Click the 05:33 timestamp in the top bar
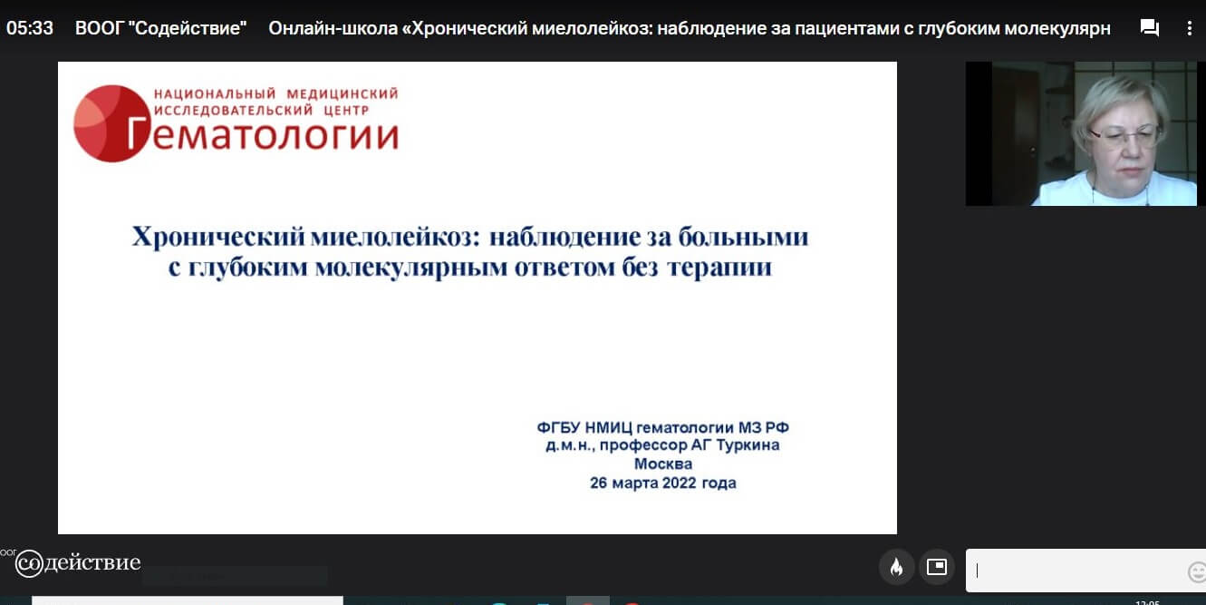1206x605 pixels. pos(30,28)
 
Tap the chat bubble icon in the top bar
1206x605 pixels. pos(1149,27)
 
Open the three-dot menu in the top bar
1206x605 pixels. pos(1190,28)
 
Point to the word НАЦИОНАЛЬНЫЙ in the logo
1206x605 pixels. pos(215,93)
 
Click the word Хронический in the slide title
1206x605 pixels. pos(218,237)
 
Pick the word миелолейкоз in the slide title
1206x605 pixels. pos(395,237)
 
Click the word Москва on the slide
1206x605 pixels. pos(662,464)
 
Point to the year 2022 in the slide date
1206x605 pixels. pos(679,483)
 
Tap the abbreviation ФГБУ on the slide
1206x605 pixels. pos(558,428)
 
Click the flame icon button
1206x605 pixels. pos(896,567)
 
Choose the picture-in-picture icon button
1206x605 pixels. pos(937,567)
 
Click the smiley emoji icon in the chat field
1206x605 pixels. pos(1196,571)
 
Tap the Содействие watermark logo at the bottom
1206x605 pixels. pos(78,563)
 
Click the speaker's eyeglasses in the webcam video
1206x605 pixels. pos(1123,136)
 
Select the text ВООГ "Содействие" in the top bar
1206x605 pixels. pos(160,28)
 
